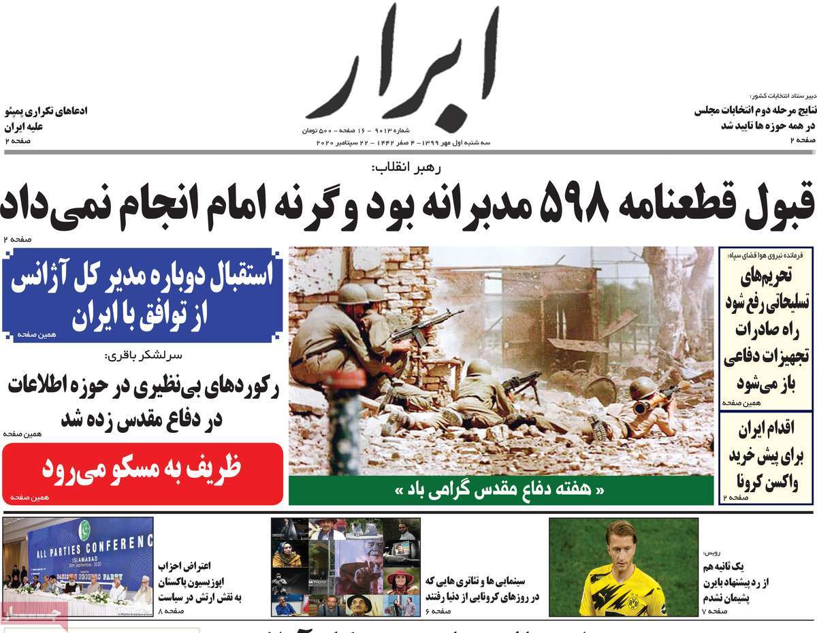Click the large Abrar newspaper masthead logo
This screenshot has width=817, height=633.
(402, 65)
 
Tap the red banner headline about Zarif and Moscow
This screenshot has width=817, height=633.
(142, 470)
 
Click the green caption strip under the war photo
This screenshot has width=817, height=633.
(500, 490)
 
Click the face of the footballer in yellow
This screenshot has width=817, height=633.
(622, 545)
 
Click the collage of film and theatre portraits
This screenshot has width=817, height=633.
(345, 566)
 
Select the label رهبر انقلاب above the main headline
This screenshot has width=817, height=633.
(406, 169)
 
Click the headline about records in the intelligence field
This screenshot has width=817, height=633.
(143, 402)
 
